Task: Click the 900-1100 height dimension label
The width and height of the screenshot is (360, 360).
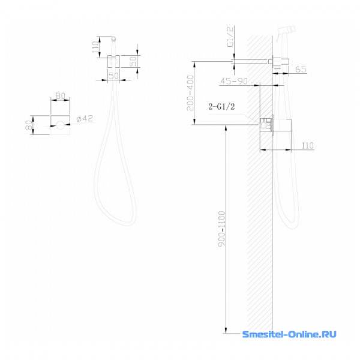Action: point(222,229)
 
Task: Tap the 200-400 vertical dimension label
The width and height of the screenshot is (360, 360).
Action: point(190,93)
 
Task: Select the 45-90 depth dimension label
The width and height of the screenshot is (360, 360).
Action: point(234,81)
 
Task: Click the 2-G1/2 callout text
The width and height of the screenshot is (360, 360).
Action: point(221,107)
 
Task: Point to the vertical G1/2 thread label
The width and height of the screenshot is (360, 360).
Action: point(230,37)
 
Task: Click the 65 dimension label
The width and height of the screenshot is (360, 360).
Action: point(301,69)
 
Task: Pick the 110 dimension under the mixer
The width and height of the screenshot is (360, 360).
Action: point(308,145)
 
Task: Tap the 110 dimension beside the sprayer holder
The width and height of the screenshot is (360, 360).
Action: point(95,47)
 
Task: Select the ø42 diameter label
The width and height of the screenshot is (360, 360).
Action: point(85,119)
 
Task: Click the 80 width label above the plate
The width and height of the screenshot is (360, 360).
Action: point(61,96)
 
